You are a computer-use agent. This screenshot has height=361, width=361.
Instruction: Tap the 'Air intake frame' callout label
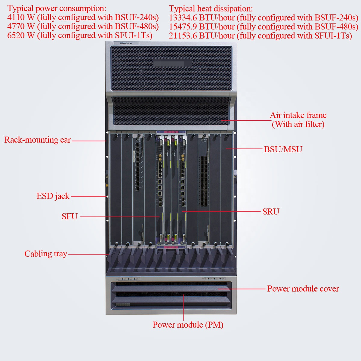(x=298, y=115)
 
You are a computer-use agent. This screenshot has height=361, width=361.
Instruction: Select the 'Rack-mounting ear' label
(x=38, y=140)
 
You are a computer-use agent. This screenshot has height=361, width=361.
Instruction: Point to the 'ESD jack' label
(x=53, y=196)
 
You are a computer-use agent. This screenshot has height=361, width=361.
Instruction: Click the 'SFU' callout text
(x=69, y=216)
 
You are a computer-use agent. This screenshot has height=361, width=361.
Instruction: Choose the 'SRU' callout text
(x=271, y=211)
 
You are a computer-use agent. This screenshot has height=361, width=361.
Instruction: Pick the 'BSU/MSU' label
(x=283, y=149)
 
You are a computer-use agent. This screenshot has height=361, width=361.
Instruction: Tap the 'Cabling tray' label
(x=46, y=254)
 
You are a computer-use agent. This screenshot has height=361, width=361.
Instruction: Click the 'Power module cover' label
(x=303, y=289)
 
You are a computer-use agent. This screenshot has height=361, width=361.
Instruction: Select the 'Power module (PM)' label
(x=188, y=325)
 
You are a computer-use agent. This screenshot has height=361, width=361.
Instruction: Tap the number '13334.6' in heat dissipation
(x=183, y=18)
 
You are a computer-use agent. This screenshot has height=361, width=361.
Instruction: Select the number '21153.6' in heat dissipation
(x=183, y=36)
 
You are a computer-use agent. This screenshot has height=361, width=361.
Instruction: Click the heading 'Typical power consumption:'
(x=57, y=8)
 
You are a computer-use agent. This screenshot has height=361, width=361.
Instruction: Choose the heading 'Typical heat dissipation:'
(x=211, y=9)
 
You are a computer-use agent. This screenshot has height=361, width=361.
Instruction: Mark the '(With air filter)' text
(x=298, y=124)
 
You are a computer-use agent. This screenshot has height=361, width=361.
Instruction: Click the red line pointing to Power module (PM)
(x=184, y=307)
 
